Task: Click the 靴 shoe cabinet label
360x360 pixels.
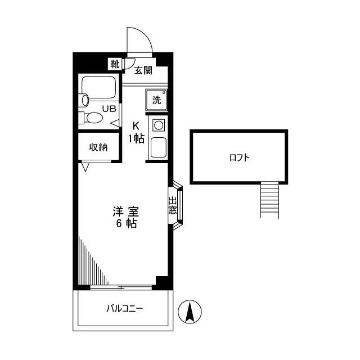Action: pos(115,64)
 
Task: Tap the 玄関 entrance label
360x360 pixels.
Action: pos(143,70)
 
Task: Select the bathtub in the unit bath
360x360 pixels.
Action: pos(99,87)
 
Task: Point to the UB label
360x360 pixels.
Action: pos(109,109)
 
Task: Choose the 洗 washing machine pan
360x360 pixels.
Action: pos(156,100)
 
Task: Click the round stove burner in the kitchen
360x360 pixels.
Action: pos(159,125)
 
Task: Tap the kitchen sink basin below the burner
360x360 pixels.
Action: pos(159,147)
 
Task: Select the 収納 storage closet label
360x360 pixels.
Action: pos(98,147)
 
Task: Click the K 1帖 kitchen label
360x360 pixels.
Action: pos(136,133)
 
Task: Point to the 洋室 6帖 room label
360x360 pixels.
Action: pos(126,218)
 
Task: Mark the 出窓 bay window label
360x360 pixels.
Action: pos(173,205)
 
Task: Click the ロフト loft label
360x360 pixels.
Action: pos(239,157)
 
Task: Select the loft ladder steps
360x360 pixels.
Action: pos(269,200)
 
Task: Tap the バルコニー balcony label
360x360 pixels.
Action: pos(125,309)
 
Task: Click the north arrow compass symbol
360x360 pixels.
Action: pos(190,312)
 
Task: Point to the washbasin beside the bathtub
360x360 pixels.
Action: pos(85,100)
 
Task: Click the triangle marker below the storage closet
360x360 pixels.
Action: pos(85,167)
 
